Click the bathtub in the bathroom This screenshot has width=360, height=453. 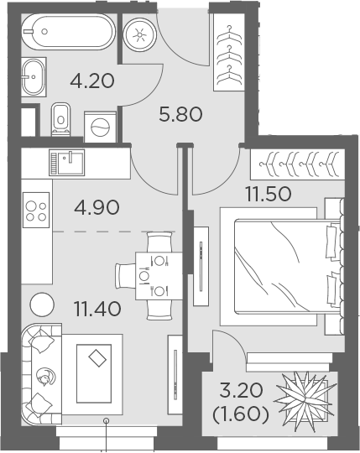(x=68, y=32)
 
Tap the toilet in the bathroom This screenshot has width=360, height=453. (x=60, y=119)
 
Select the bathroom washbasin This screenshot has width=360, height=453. (x=34, y=77)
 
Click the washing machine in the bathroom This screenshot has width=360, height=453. (x=100, y=127)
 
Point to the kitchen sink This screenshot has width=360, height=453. (x=67, y=163)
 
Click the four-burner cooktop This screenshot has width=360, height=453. (x=36, y=210)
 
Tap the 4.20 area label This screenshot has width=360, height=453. (x=92, y=81)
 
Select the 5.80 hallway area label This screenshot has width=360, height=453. (x=180, y=114)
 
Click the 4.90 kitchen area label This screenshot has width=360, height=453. (x=97, y=207)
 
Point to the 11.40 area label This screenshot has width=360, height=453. (x=97, y=308)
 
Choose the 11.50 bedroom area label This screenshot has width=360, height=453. (x=269, y=194)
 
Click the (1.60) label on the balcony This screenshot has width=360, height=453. (x=241, y=414)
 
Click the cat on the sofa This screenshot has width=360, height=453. (x=45, y=377)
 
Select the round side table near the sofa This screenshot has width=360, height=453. (x=42, y=305)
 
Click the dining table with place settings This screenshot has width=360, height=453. (x=159, y=276)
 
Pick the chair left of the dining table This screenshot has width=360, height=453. (x=125, y=276)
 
